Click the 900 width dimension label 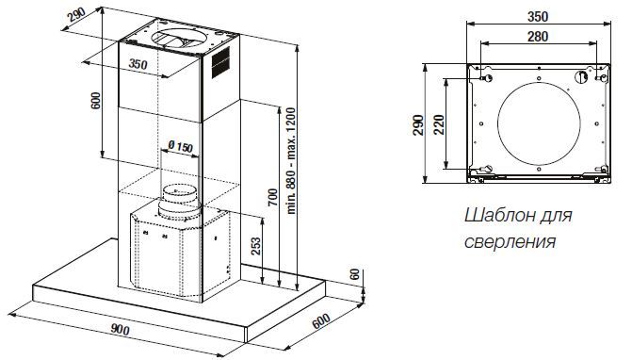(x=121, y=330)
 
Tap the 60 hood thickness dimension (x=354, y=274)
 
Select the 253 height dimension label (x=256, y=246)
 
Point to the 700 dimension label (x=273, y=198)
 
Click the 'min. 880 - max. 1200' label (x=291, y=161)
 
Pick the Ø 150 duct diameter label (x=180, y=147)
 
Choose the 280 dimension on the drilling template (x=538, y=37)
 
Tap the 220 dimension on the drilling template (x=439, y=124)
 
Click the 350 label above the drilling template (x=538, y=17)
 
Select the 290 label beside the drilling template (x=418, y=125)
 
